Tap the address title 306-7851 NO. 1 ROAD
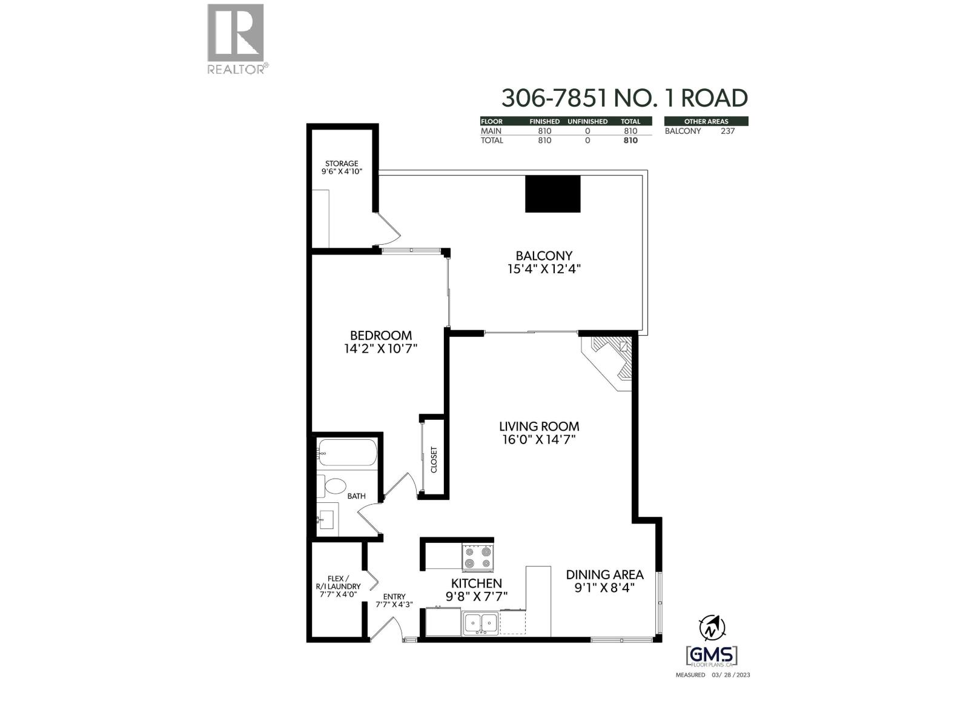(624, 98)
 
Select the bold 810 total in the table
(630, 141)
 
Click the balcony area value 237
(727, 131)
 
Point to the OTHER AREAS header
(706, 121)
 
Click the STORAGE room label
(342, 164)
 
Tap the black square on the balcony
(552, 194)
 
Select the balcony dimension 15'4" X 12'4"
(544, 269)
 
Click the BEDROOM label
(381, 335)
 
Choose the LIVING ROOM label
(539, 426)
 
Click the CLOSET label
(434, 460)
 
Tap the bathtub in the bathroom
(347, 453)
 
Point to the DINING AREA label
(604, 574)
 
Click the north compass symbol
(711, 628)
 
